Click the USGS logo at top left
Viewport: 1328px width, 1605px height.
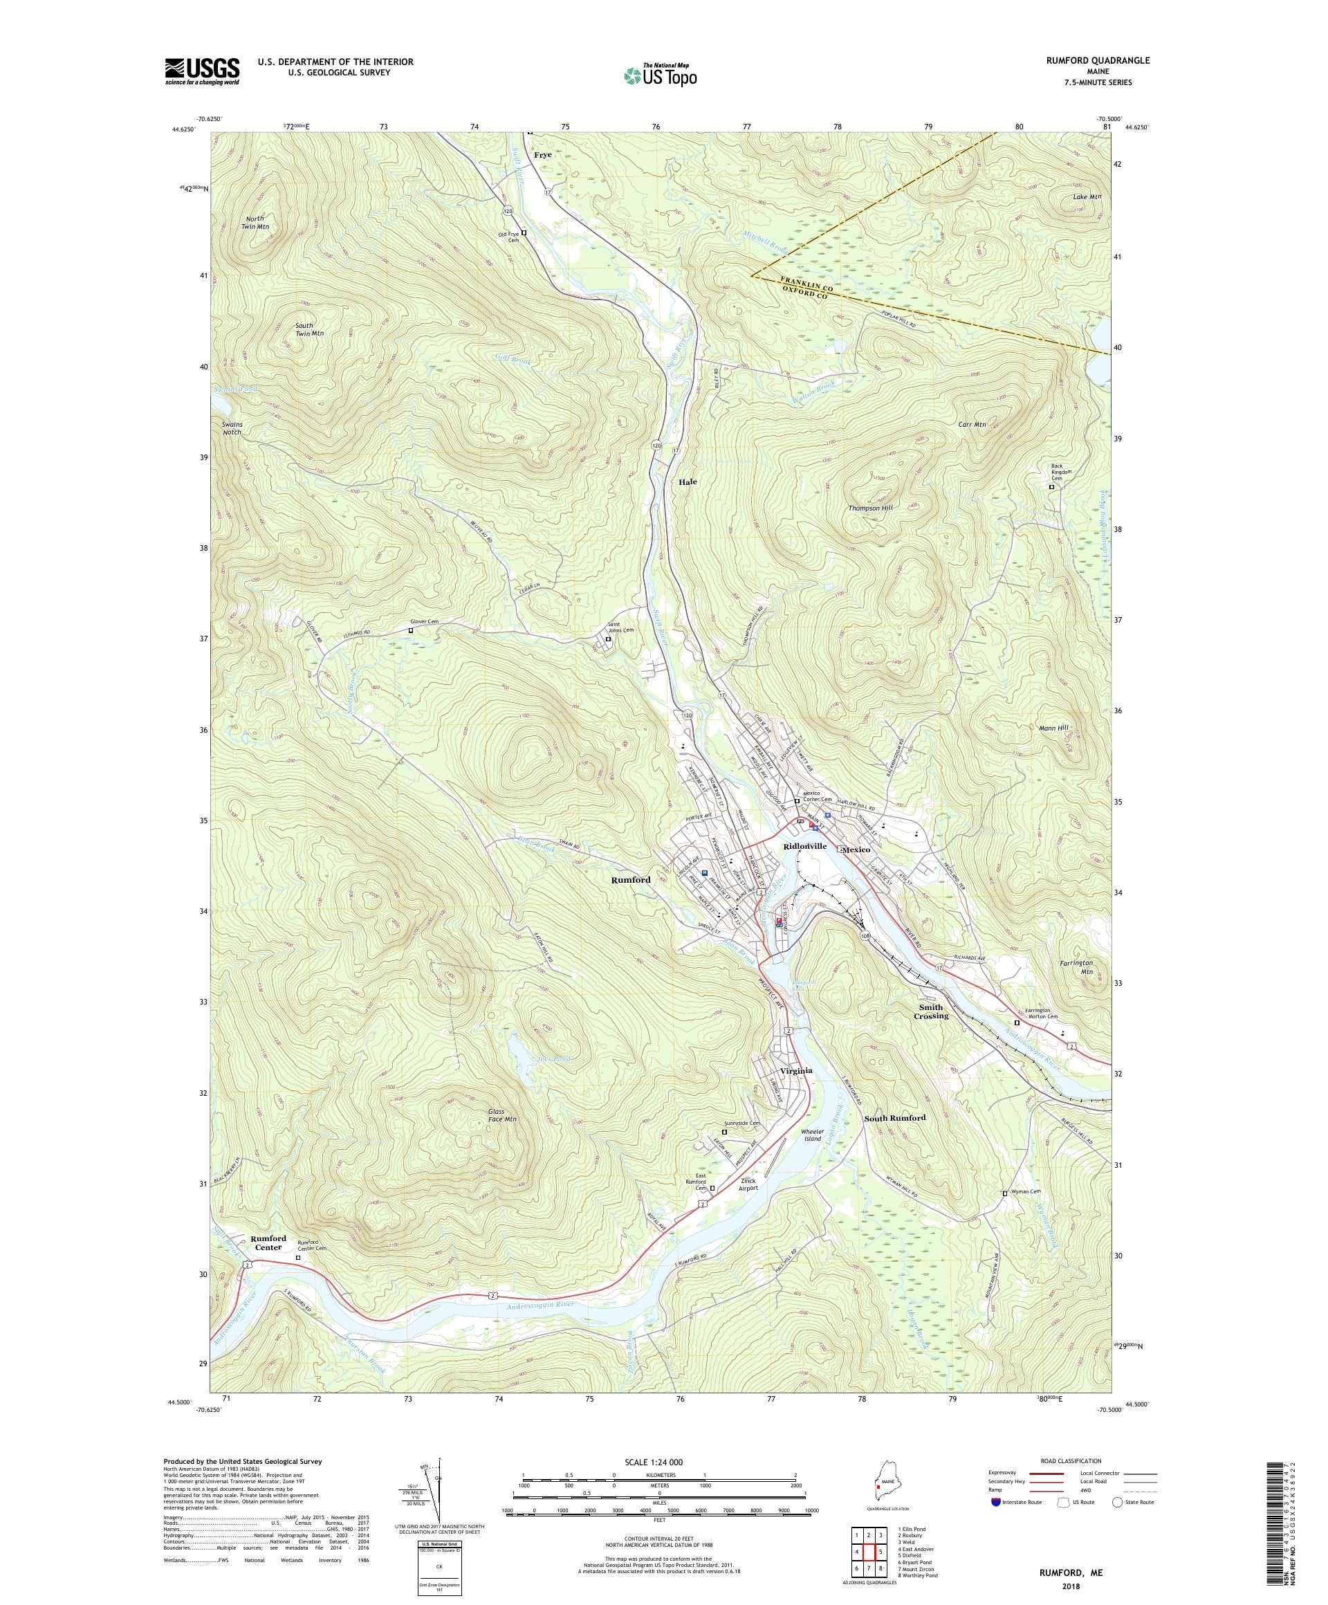pos(202,71)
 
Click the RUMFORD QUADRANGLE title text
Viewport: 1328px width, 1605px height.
pos(1101,60)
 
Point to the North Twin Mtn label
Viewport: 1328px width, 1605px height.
pos(254,223)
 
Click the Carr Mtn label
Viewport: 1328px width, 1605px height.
pos(972,424)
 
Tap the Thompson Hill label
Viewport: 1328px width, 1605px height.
pos(869,508)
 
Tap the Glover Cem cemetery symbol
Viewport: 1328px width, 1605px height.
pos(410,632)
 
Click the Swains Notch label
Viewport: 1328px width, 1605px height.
pos(232,428)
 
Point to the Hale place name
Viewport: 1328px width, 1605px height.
pos(687,482)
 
